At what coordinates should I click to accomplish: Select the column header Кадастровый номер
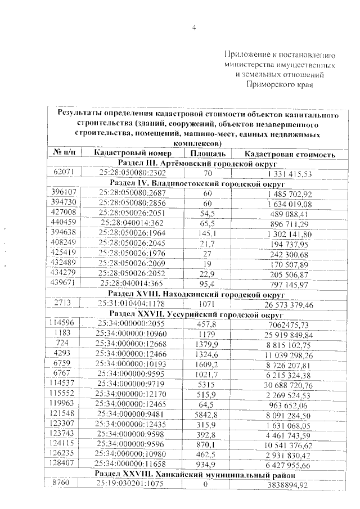(131, 154)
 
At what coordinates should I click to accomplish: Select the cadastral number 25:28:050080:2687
(132, 193)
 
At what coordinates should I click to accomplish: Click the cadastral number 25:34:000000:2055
(132, 325)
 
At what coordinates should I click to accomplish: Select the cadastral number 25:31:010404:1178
(132, 304)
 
